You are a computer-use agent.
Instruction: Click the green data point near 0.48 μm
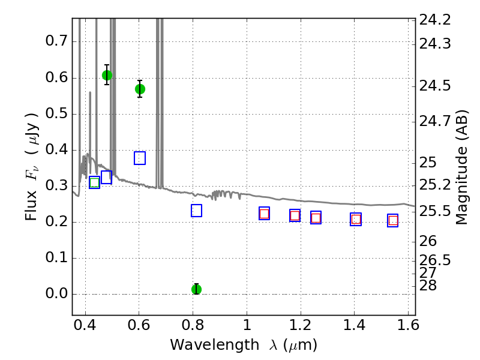tap(107, 75)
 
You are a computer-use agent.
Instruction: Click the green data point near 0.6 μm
tap(140, 89)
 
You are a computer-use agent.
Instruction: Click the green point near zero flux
tap(196, 289)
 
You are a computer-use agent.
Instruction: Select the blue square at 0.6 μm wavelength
tap(140, 158)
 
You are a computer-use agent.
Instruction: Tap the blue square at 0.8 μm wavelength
tap(196, 211)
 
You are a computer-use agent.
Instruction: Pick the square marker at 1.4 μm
tap(356, 220)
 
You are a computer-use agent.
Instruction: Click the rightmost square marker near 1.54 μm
tap(393, 221)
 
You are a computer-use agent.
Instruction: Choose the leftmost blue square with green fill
tap(94, 182)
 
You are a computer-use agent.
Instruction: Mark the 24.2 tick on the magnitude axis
tap(435, 20)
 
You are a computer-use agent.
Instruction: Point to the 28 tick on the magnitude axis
tap(430, 284)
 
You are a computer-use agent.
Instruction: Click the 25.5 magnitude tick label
tap(435, 211)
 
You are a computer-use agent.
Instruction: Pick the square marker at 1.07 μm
tap(264, 214)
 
